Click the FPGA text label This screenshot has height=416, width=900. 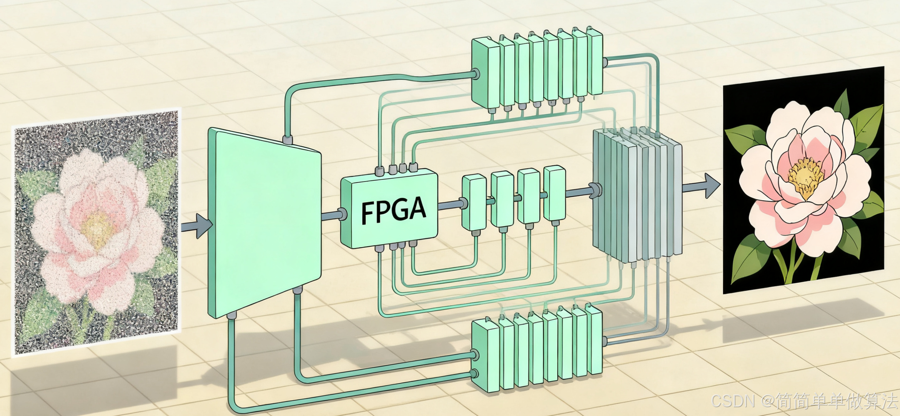[393, 210]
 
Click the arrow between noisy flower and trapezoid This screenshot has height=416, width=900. [198, 226]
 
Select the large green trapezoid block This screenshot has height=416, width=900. [264, 223]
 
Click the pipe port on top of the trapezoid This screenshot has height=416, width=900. [287, 139]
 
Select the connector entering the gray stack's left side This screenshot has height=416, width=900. [596, 190]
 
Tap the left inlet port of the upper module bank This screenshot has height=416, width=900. [476, 74]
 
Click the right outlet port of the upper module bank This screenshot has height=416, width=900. [605, 62]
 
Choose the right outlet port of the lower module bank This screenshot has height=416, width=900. [605, 341]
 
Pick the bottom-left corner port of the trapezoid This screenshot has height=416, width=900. [231, 316]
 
